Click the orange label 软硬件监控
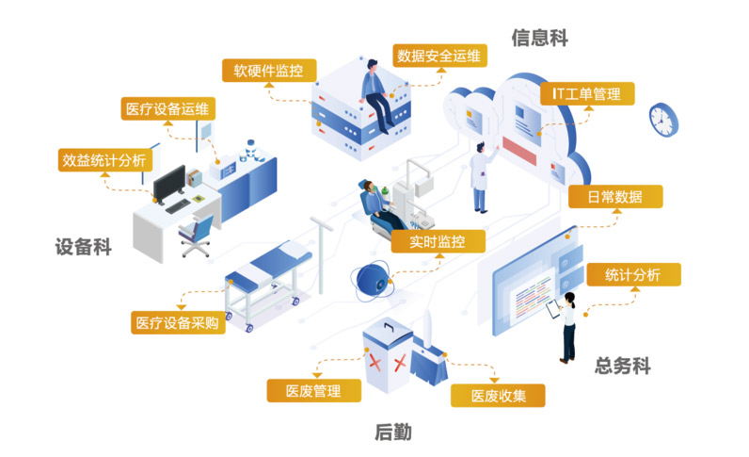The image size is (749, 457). pyautogui.click(x=269, y=70)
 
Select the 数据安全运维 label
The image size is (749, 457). pyautogui.click(x=439, y=56)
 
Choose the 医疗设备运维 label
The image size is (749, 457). pyautogui.click(x=168, y=107)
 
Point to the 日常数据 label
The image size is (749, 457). pyautogui.click(x=615, y=197)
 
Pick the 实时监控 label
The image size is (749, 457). pyautogui.click(x=439, y=240)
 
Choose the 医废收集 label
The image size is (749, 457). pyautogui.click(x=498, y=395)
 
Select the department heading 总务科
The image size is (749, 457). pyautogui.click(x=623, y=365)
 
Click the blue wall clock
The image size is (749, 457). pyautogui.click(x=663, y=118)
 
